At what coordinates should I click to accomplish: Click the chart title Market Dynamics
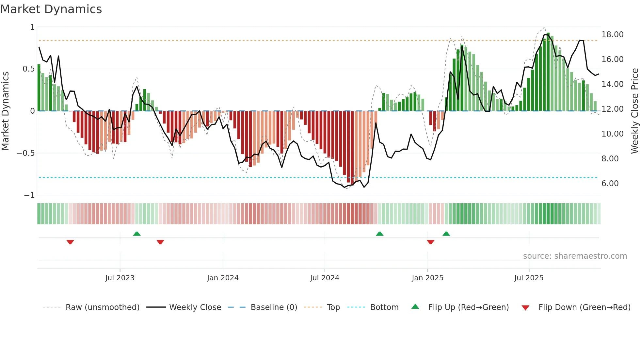coord(51,9)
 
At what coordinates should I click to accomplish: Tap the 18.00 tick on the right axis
coord(612,35)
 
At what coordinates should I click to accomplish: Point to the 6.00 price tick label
coord(610,184)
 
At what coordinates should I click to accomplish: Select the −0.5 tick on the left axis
coord(25,153)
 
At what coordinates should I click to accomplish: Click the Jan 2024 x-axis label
coord(223,278)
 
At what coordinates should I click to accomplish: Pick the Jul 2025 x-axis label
coord(529,278)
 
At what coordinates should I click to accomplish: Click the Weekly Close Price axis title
coord(634,111)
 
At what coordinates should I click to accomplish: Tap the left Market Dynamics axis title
coord(5,111)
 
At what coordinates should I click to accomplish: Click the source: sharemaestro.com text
coord(575,256)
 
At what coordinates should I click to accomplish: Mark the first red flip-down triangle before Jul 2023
coord(70,242)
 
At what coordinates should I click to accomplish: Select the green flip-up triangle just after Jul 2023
coord(137,234)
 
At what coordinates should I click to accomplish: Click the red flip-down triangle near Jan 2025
coord(430,242)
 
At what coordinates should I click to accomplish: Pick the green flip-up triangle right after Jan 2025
coord(446,234)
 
